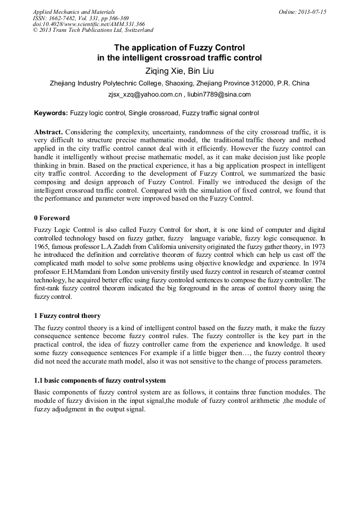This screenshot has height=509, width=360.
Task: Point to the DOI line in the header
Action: (x=89, y=24)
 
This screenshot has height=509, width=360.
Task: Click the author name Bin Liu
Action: (x=201, y=71)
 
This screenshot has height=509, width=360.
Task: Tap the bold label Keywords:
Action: (x=51, y=113)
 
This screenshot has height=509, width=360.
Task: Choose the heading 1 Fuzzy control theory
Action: (x=67, y=316)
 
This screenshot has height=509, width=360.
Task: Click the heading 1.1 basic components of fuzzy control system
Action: (x=100, y=381)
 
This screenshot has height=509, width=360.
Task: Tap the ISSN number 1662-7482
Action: (x=65, y=18)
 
